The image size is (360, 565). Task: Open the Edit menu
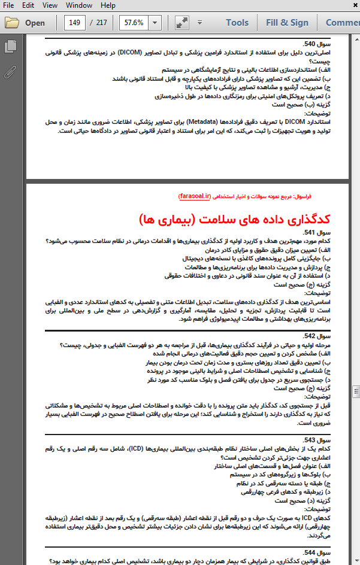28,5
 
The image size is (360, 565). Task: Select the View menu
50,5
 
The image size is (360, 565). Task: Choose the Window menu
78,5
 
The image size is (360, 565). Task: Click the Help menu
108,5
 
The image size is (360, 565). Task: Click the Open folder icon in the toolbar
25,23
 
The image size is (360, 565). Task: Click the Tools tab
237,23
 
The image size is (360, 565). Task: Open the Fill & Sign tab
287,23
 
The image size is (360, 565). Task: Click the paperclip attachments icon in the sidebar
10,73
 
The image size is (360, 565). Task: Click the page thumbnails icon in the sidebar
10,46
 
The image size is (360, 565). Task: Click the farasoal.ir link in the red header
195,196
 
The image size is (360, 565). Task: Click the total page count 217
102,23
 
